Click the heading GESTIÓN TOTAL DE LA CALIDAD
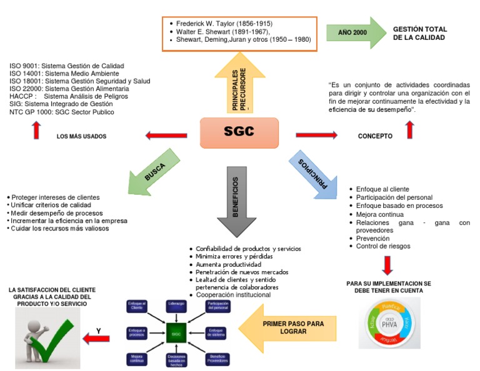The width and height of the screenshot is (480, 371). click(x=419, y=33)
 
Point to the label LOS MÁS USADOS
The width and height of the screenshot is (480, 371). click(x=81, y=136)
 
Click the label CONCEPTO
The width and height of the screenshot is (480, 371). click(x=375, y=136)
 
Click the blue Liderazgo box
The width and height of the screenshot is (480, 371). click(x=176, y=304)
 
